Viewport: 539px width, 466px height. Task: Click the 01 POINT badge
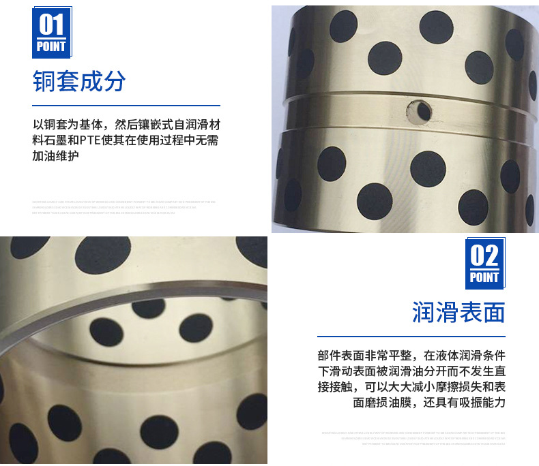pyautogui.click(x=52, y=32)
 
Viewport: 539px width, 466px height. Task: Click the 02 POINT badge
pyautogui.click(x=484, y=263)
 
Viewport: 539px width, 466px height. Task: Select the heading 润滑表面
pyautogui.click(x=458, y=313)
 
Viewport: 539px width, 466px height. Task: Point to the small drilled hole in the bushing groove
pyautogui.click(x=417, y=109)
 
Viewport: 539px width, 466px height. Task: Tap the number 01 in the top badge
pyautogui.click(x=52, y=25)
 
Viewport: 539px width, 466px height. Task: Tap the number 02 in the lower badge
pyautogui.click(x=484, y=256)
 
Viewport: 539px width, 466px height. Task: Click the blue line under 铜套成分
pyautogui.click(x=126, y=106)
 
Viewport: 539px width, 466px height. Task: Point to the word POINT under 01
pyautogui.click(x=52, y=46)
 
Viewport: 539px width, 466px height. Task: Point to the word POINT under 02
pyautogui.click(x=484, y=277)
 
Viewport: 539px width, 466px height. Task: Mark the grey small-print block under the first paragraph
pyautogui.click(x=123, y=207)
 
